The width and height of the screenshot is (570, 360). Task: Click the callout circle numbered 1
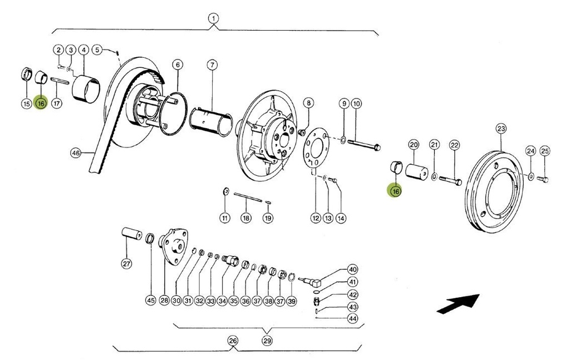(213, 18)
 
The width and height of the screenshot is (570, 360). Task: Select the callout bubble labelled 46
(76, 152)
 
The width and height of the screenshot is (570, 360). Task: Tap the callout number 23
(501, 129)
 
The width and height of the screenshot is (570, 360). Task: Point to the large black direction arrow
(458, 303)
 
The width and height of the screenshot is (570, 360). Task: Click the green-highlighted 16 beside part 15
(41, 103)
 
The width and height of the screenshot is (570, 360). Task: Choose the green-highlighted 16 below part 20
(395, 191)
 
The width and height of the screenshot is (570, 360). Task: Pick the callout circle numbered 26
(233, 341)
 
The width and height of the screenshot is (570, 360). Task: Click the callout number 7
(212, 65)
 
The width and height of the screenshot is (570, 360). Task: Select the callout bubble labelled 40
(353, 269)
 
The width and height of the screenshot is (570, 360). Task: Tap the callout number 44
(353, 318)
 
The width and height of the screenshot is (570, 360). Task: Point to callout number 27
(126, 264)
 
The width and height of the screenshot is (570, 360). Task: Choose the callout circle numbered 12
(316, 218)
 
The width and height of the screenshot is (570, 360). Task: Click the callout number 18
(245, 218)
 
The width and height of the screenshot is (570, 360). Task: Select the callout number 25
(544, 151)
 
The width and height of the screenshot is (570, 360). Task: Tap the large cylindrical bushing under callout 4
(86, 87)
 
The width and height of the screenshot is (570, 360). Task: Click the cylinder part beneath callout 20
(416, 170)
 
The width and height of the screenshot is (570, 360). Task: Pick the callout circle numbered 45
(150, 300)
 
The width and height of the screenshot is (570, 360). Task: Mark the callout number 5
(97, 50)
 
